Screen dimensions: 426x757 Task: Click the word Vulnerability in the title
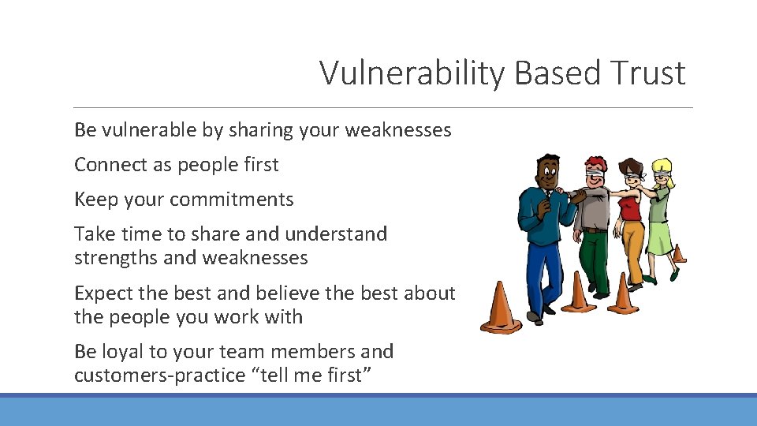413,73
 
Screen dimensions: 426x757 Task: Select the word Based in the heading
558,73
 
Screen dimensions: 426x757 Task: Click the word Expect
104,293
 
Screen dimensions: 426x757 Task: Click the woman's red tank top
629,208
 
